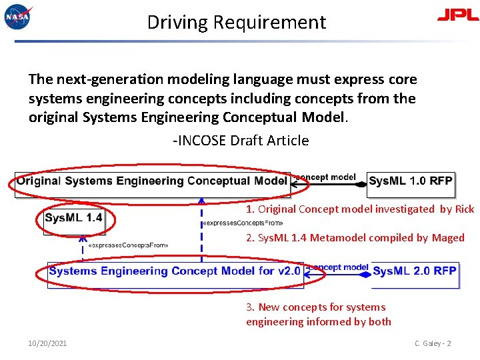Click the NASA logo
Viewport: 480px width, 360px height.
click(x=17, y=17)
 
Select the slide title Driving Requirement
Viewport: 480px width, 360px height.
click(x=237, y=23)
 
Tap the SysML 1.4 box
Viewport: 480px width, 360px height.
click(x=74, y=217)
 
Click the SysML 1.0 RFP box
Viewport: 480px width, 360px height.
click(x=411, y=181)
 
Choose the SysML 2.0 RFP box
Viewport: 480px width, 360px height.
click(x=415, y=271)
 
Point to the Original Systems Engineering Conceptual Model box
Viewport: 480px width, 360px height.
click(x=152, y=181)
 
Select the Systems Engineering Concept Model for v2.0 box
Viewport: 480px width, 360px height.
click(x=175, y=271)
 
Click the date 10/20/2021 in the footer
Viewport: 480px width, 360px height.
click(x=47, y=343)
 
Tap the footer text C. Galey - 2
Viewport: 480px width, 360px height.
click(x=433, y=343)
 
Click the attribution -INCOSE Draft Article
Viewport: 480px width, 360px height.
click(x=241, y=141)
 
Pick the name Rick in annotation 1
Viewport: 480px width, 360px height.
click(x=465, y=209)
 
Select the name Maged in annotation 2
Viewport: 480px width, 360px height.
click(x=448, y=238)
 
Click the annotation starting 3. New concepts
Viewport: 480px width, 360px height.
click(x=319, y=315)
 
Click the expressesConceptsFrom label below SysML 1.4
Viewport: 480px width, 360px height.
click(x=129, y=245)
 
